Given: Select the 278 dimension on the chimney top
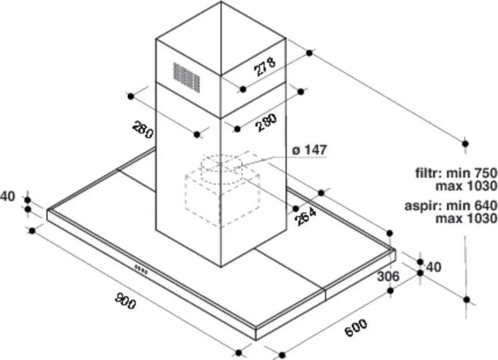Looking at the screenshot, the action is click(x=265, y=66).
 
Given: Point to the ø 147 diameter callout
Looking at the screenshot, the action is click(x=309, y=150).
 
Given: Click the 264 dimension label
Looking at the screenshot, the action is click(x=305, y=216).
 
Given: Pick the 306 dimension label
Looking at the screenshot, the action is click(x=388, y=276).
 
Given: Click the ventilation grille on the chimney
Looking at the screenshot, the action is click(x=187, y=77).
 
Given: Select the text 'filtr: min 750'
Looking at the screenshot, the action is click(x=456, y=174).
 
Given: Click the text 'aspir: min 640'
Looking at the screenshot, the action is click(x=451, y=206).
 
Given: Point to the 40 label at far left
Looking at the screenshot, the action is click(x=8, y=197).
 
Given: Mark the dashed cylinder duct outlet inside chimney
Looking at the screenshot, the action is click(x=221, y=171).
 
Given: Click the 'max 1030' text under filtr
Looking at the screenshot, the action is click(x=466, y=186).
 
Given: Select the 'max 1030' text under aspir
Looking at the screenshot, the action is click(x=466, y=219).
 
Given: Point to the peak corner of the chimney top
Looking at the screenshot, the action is click(x=221, y=1).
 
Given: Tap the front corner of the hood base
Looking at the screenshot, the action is click(x=256, y=340).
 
